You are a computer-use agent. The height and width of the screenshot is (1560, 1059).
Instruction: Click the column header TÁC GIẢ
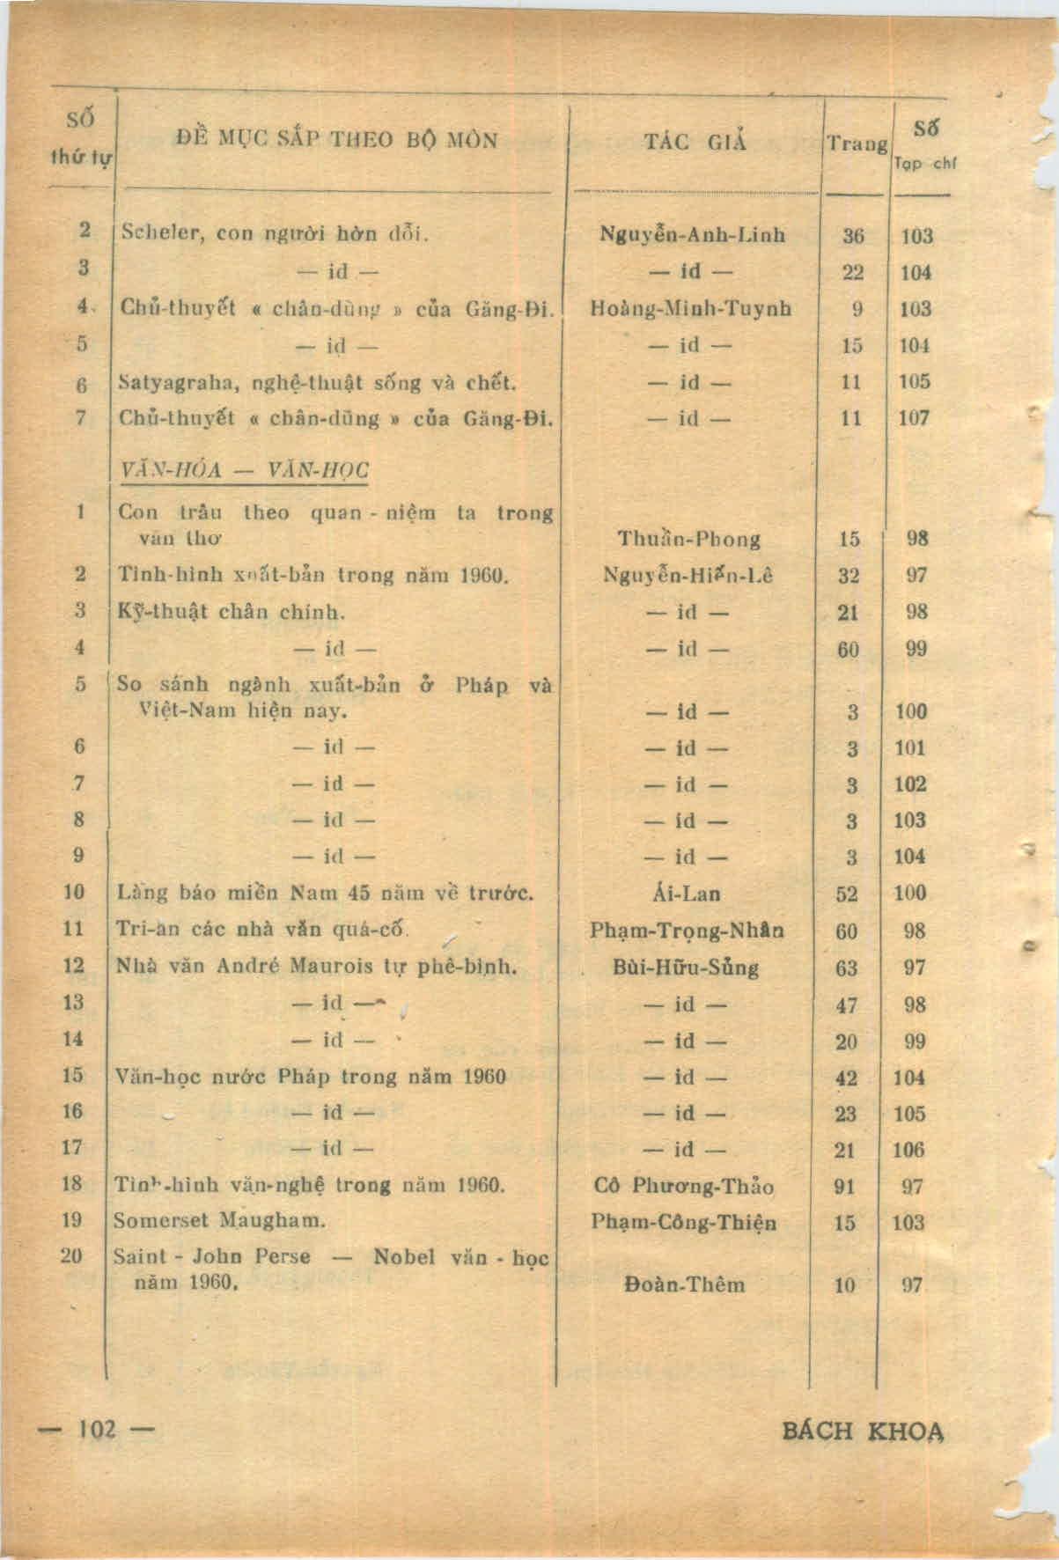click(695, 141)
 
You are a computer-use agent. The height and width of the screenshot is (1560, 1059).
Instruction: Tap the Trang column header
click(856, 143)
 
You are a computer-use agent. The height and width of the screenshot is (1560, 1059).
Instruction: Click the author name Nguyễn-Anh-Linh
click(693, 235)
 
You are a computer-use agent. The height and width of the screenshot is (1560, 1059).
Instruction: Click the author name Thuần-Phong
click(689, 539)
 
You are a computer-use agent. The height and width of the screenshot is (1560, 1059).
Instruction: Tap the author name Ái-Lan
click(689, 894)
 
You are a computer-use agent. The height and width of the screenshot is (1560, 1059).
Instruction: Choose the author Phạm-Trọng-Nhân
click(688, 931)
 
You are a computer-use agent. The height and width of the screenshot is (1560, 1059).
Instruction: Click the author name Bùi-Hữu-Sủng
click(686, 968)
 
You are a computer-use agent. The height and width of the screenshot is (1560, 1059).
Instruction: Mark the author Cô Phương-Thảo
click(686, 1186)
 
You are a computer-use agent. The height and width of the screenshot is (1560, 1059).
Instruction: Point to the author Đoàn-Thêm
click(685, 1284)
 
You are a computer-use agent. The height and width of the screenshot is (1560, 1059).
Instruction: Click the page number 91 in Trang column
click(845, 1186)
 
